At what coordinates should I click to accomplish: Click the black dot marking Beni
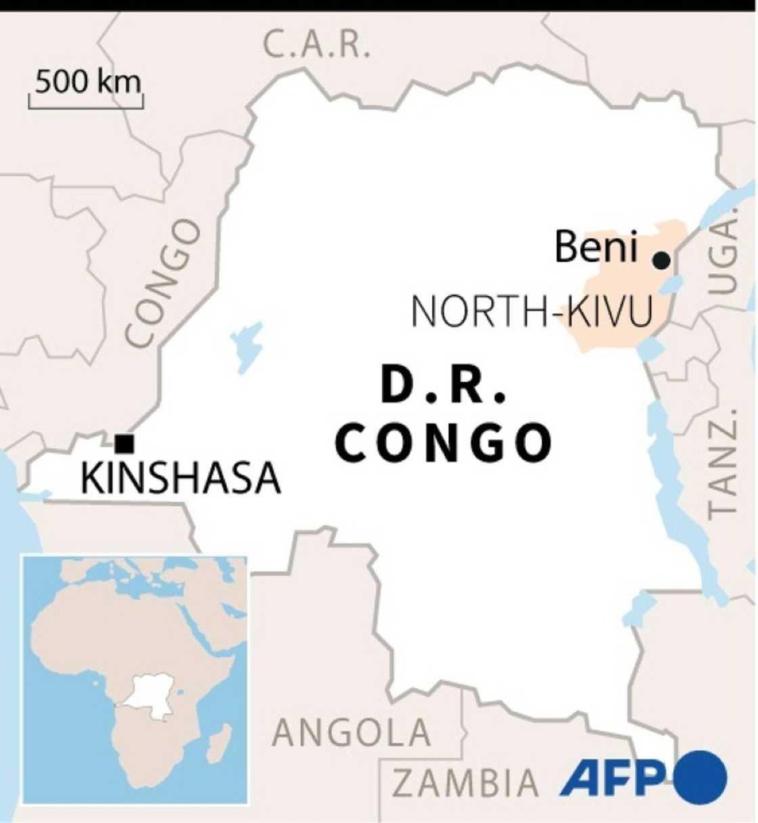point(661,260)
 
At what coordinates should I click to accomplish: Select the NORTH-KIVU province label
point(532,312)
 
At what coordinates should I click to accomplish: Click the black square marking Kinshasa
point(125,444)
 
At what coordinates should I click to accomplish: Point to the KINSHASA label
point(181,479)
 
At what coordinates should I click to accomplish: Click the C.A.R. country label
point(317,46)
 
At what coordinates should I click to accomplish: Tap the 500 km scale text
point(88,82)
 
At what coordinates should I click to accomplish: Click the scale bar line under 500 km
point(86,106)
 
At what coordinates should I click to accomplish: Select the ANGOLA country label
point(351,732)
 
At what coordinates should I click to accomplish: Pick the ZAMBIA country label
point(466,783)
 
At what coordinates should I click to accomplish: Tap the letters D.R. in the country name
point(443,385)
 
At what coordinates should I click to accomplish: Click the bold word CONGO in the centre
point(443,443)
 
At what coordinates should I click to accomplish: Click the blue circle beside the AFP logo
point(700,778)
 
